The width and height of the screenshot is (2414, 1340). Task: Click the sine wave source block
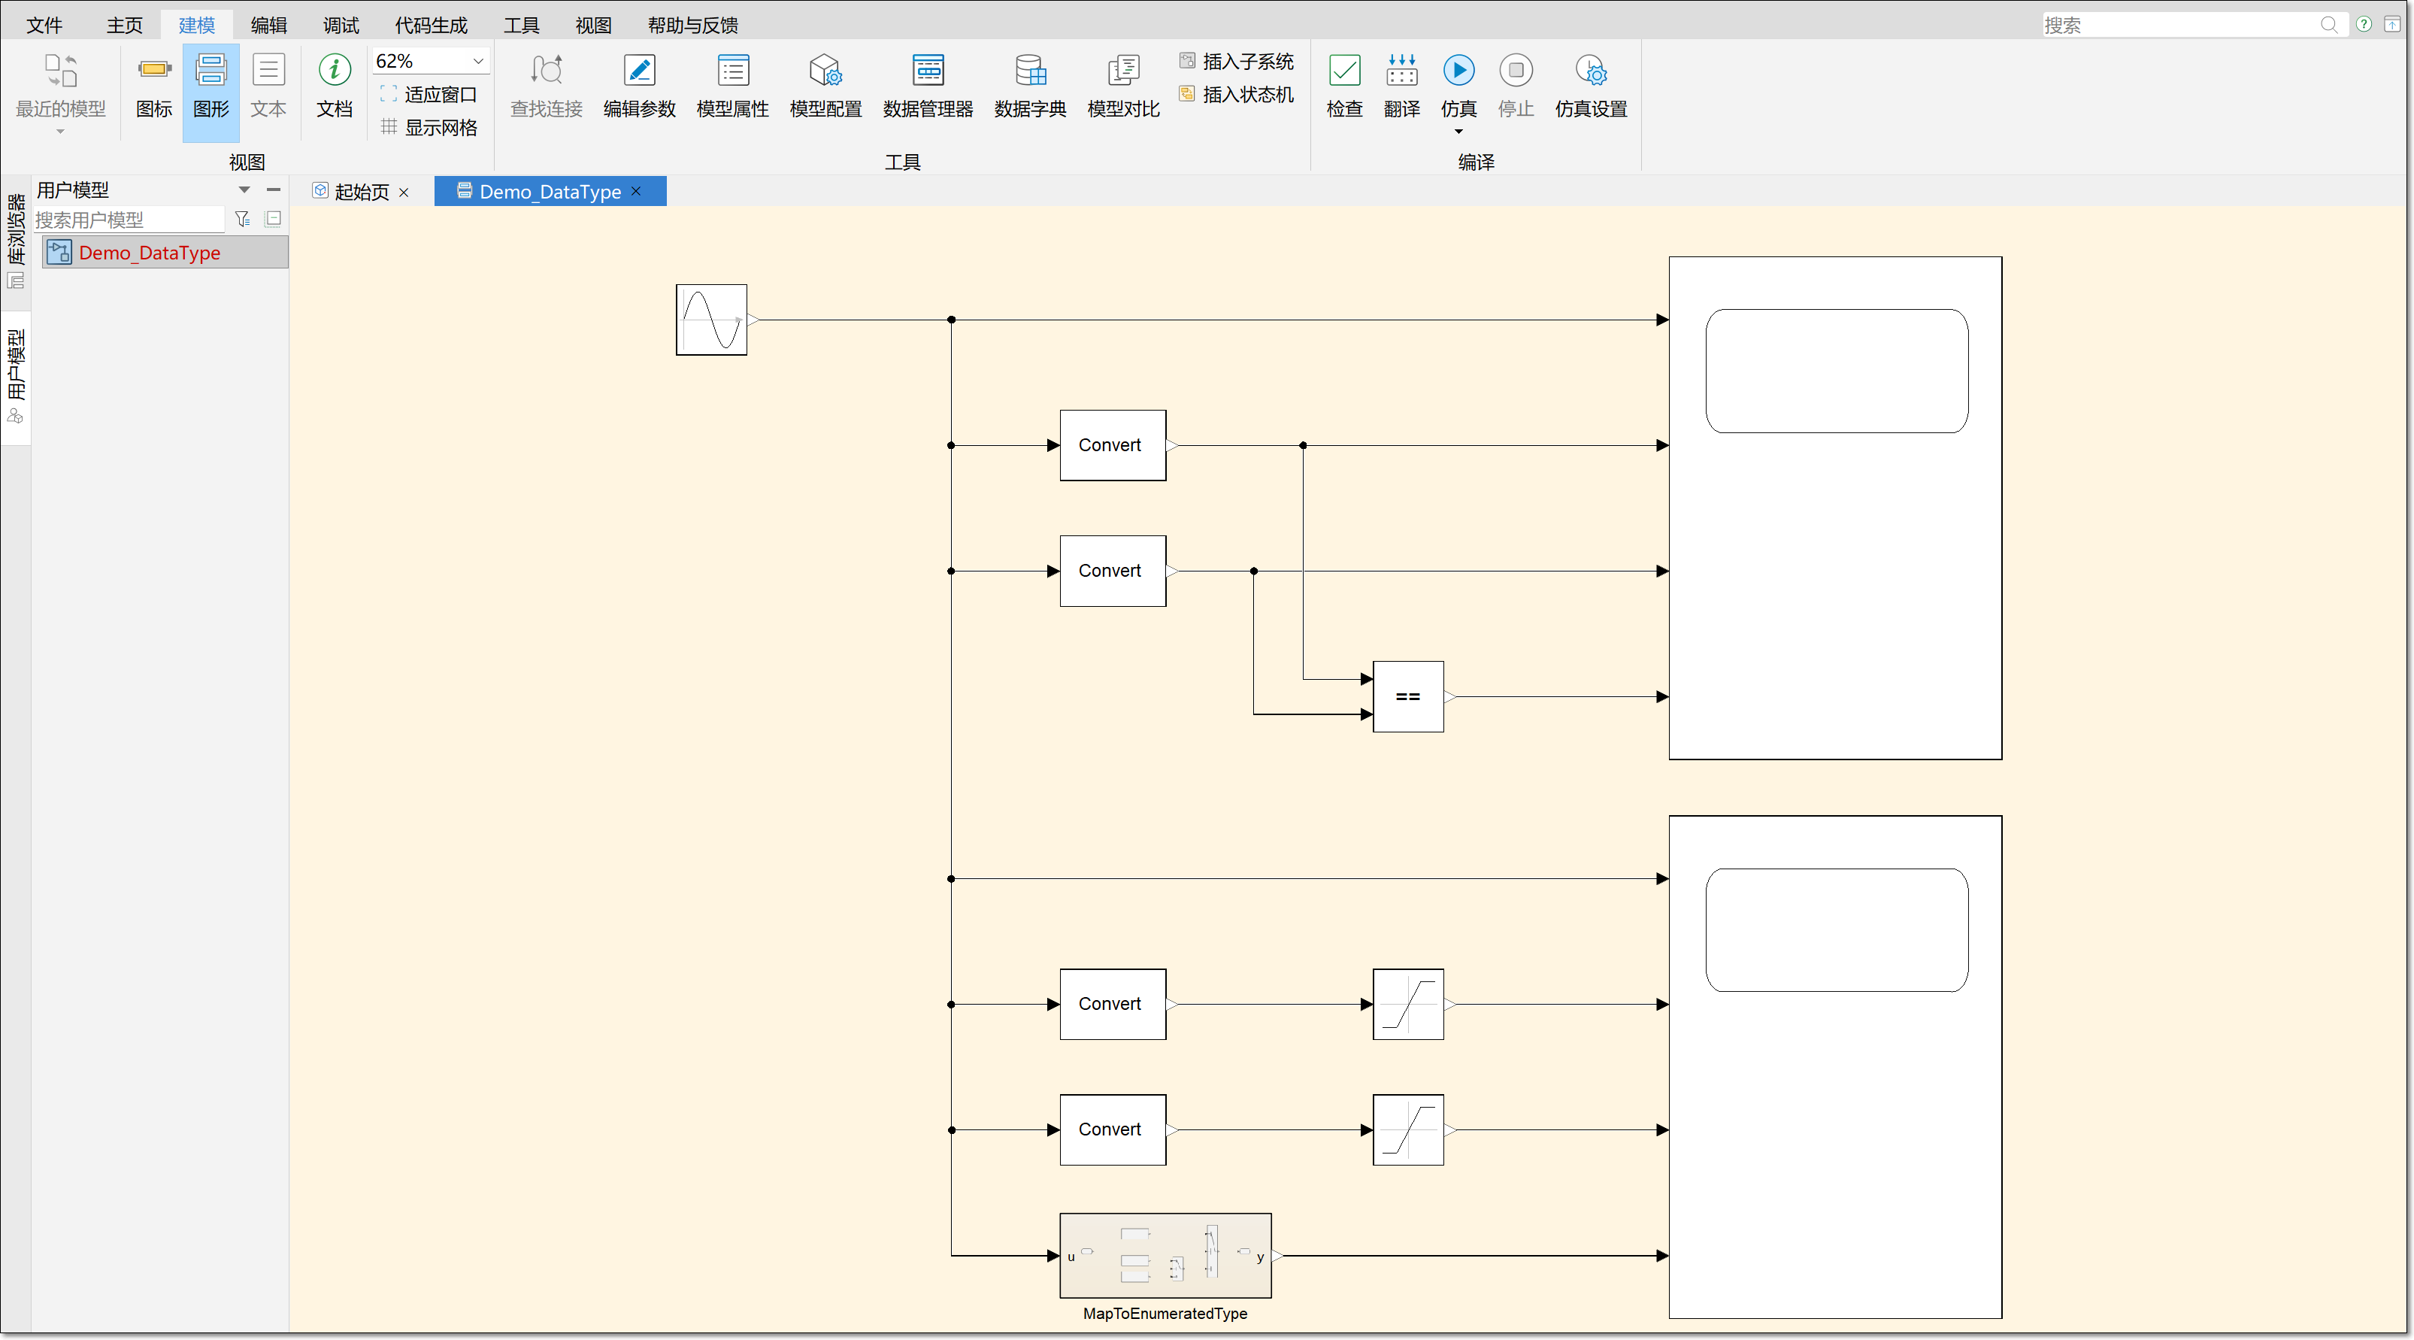click(711, 320)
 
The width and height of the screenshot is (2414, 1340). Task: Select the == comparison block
click(1407, 696)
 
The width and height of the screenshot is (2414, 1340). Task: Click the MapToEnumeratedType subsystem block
click(1165, 1256)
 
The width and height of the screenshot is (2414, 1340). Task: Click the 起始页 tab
click(361, 192)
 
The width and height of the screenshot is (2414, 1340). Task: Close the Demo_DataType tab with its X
click(636, 191)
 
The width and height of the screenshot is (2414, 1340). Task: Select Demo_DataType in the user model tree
click(150, 253)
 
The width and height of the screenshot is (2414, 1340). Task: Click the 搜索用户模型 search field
click(129, 220)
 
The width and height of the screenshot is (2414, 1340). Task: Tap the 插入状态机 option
click(1237, 95)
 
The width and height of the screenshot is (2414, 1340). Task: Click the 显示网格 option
click(430, 127)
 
